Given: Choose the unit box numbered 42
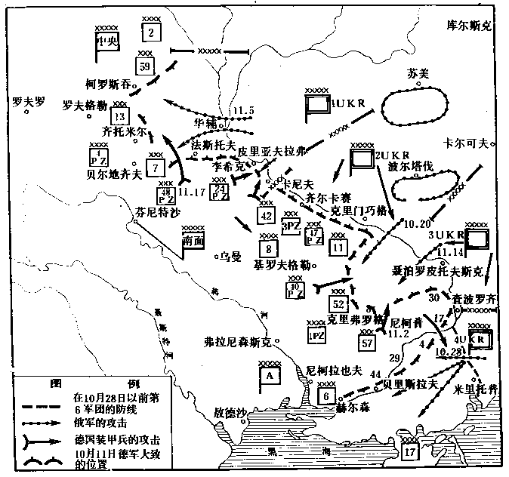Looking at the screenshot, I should point(265,216).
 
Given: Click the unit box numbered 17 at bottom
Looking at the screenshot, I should point(410,453).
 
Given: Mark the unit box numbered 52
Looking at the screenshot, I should point(338,304).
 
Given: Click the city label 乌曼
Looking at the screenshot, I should point(229,256).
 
